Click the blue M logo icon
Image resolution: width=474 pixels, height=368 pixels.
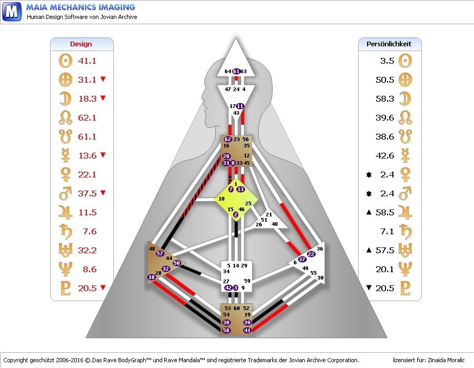click(11, 11)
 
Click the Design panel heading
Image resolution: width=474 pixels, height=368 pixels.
click(81, 44)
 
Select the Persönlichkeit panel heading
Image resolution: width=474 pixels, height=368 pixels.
click(389, 44)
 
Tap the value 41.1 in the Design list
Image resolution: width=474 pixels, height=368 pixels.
click(87, 61)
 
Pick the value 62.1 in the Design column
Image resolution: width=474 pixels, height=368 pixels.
click(87, 118)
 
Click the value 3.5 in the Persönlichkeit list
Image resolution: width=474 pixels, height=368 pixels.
click(387, 61)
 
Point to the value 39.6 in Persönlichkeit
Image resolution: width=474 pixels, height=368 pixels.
click(384, 118)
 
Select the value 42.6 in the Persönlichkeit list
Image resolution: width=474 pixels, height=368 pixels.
click(384, 156)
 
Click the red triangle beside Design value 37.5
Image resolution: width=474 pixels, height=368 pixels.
click(103, 193)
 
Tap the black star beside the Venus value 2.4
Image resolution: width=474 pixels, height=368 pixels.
click(368, 174)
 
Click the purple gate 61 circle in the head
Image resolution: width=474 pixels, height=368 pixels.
click(236, 72)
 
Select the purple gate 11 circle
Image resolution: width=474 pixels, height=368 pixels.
click(240, 106)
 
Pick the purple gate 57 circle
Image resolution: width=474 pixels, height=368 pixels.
click(160, 253)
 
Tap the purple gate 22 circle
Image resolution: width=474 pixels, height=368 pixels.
click(311, 254)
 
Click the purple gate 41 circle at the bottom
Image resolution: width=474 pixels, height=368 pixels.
click(248, 330)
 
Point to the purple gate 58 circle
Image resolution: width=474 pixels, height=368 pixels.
click(226, 330)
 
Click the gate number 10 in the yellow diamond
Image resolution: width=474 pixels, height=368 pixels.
click(222, 199)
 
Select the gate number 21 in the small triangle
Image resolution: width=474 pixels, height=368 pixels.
click(269, 214)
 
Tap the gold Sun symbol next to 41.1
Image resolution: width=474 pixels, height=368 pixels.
click(65, 61)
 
